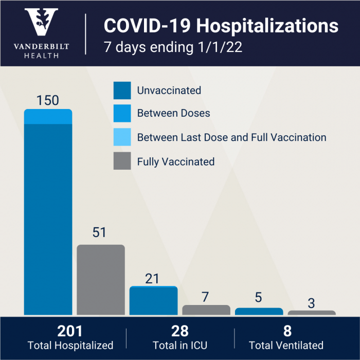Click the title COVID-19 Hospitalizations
(221, 26)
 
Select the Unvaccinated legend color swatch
(122, 91)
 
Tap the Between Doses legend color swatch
(122, 114)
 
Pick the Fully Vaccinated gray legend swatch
(122, 161)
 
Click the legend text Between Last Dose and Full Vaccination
(231, 137)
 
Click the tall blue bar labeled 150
(48, 216)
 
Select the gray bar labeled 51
(101, 280)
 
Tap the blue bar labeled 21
(153, 301)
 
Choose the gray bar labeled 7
(206, 310)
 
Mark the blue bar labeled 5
(259, 311)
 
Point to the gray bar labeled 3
(312, 312)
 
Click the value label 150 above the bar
(48, 100)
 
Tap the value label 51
(99, 232)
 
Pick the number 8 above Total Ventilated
(286, 331)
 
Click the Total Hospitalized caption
(70, 345)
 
